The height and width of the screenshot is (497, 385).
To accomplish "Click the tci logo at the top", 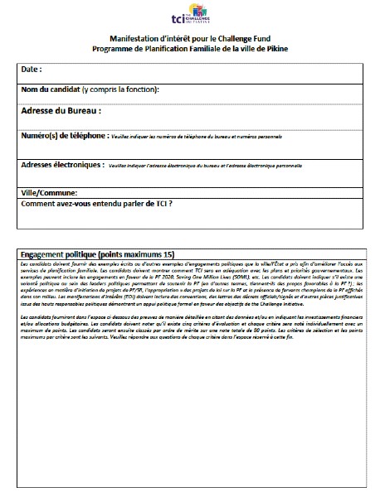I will [x=192, y=17].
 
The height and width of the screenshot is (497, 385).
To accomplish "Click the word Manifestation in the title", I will [x=137, y=39].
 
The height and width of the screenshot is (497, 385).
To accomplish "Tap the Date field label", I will [x=31, y=69].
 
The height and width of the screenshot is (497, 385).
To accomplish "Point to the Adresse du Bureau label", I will [x=61, y=110].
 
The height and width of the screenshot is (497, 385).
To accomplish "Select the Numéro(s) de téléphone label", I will [x=63, y=135].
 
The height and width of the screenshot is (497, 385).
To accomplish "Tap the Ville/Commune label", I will [x=49, y=193].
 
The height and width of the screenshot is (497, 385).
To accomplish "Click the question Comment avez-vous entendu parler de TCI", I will [x=101, y=203].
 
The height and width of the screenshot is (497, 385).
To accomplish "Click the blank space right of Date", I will [x=207, y=69].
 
